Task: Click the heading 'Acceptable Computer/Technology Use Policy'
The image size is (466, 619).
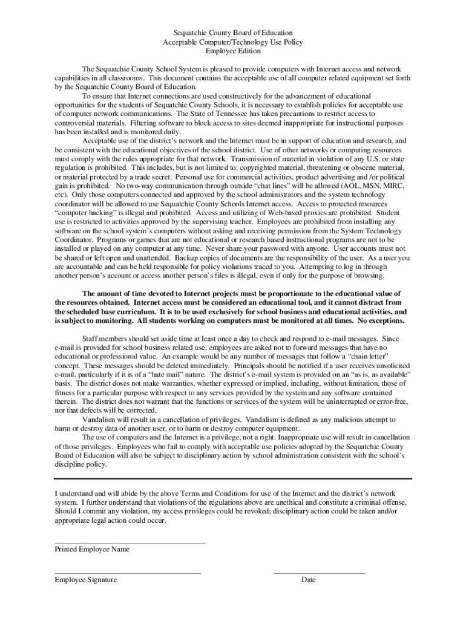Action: click(x=233, y=42)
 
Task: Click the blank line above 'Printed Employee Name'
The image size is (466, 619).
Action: click(x=130, y=542)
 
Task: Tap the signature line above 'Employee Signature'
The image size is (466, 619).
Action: click(x=128, y=572)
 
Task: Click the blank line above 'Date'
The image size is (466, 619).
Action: click(x=320, y=572)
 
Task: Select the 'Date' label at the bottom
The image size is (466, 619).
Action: click(x=309, y=580)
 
